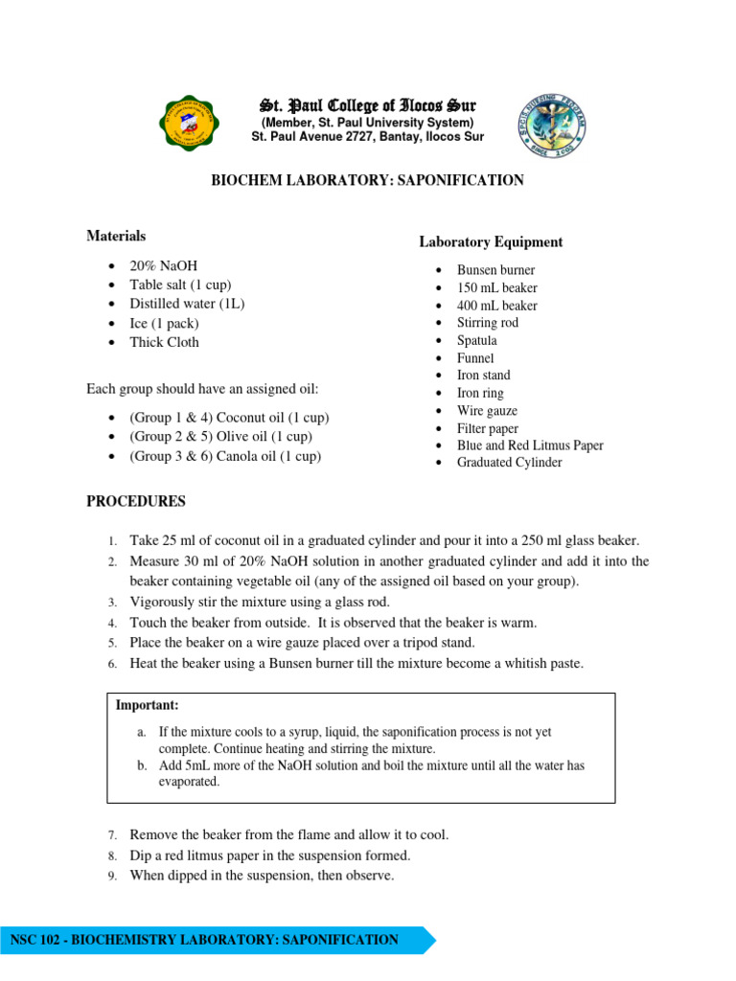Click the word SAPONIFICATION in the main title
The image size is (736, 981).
[x=463, y=180]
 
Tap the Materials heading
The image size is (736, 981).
[x=116, y=236]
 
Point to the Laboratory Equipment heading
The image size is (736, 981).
[x=490, y=242]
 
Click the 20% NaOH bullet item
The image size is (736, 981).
[x=164, y=265]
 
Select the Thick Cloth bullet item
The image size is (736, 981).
[x=165, y=342]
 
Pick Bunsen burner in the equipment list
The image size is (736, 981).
[x=495, y=270]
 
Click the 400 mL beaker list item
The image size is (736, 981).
[x=496, y=306]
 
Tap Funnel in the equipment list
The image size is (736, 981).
[x=475, y=358]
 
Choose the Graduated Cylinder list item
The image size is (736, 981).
[x=509, y=463]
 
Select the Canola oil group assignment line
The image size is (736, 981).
[x=225, y=456]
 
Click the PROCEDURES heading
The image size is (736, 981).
[x=136, y=502]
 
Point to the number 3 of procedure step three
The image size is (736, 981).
[x=111, y=603]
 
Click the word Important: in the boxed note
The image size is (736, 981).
[x=148, y=705]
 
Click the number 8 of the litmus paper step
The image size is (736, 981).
[x=111, y=856]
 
